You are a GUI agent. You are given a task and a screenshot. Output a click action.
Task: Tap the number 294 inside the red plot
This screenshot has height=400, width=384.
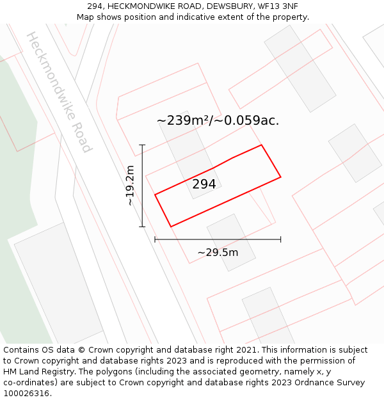pyautogui.click(x=204, y=184)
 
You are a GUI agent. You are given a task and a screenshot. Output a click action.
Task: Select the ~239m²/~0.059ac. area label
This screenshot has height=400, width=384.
pyautogui.click(x=218, y=120)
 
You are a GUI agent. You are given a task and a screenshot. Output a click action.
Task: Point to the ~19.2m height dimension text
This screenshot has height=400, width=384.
pyautogui.click(x=130, y=186)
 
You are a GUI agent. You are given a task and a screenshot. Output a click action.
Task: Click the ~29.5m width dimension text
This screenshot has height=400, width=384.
pyautogui.click(x=218, y=252)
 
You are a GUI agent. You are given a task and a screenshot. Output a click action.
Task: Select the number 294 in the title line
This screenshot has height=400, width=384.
pyautogui.click(x=96, y=6)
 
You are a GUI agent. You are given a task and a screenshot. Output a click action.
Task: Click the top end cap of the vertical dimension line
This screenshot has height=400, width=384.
pyautogui.click(x=142, y=145)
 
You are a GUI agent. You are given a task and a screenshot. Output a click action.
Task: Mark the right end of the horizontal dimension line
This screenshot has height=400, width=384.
pyautogui.click(x=280, y=240)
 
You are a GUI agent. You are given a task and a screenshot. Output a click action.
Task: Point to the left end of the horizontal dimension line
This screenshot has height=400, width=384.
pyautogui.click(x=156, y=240)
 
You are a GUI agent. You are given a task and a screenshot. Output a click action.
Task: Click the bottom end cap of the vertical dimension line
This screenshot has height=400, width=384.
pyautogui.click(x=142, y=227)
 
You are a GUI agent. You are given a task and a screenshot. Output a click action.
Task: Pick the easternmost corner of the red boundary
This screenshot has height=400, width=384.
pyautogui.click(x=280, y=177)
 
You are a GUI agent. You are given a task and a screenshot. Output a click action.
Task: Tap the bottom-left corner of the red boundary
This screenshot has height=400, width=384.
pyautogui.click(x=171, y=226)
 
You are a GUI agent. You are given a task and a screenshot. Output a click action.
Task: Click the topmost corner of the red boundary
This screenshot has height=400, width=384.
pyautogui.click(x=261, y=145)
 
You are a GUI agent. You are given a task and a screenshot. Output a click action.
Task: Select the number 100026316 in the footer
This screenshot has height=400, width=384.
pyautogui.click(x=26, y=394)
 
